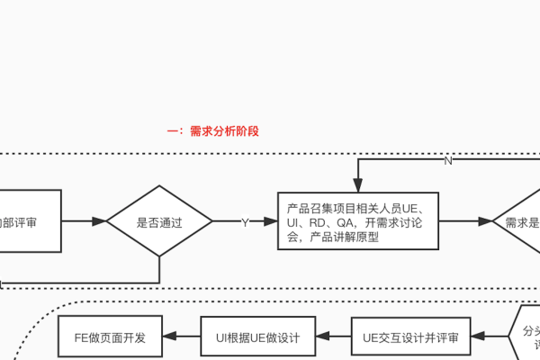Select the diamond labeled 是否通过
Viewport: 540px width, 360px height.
pyautogui.click(x=159, y=220)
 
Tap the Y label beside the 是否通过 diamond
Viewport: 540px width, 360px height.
pyautogui.click(x=244, y=220)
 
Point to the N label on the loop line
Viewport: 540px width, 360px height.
pyautogui.click(x=447, y=161)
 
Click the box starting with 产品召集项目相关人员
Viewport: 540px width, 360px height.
pyautogui.click(x=358, y=220)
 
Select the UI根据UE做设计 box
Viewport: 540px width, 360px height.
pyautogui.click(x=256, y=338)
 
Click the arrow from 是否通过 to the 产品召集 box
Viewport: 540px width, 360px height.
pyautogui.click(x=244, y=220)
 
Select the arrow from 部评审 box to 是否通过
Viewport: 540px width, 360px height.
pyautogui.click(x=84, y=220)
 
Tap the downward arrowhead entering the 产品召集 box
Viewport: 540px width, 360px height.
pyautogui.click(x=358, y=184)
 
